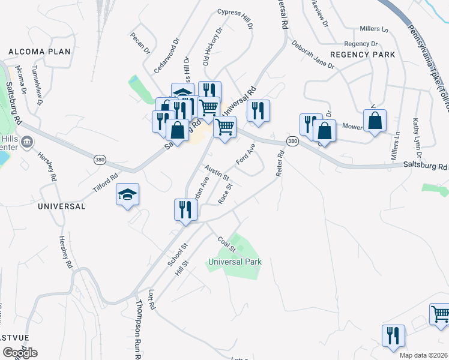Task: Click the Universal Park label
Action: (x=235, y=262)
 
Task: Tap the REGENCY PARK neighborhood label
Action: (x=363, y=55)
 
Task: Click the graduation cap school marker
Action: (x=127, y=194)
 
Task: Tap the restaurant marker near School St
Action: (x=185, y=209)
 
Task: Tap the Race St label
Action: (x=225, y=194)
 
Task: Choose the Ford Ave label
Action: (x=246, y=154)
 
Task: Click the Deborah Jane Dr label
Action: (x=313, y=55)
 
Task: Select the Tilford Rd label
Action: (x=106, y=180)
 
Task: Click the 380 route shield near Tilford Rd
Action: (x=100, y=160)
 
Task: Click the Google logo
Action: (x=20, y=352)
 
